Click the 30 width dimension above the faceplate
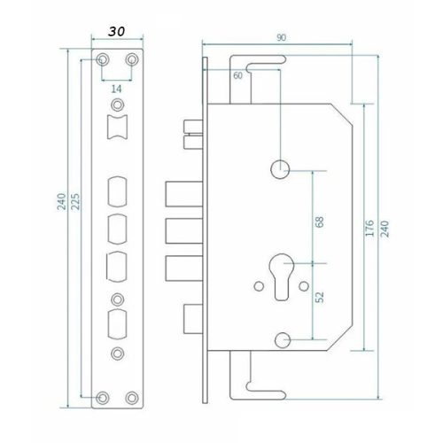[117, 32]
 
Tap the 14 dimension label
[116, 89]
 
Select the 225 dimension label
[76, 201]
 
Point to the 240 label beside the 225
[61, 201]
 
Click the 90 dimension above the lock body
[281, 38]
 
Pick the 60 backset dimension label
[237, 75]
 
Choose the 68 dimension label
[320, 221]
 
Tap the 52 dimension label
[320, 297]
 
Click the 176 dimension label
[369, 228]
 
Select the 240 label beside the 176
[385, 229]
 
